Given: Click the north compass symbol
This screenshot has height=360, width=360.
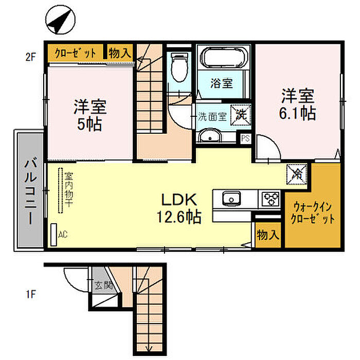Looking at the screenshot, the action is pos(60,20).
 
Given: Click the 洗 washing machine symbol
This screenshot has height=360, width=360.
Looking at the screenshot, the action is pos(241,115).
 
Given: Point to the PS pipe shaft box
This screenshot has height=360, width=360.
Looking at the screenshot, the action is pos(245,139).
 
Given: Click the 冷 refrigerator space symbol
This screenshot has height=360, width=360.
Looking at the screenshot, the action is pos(297,174).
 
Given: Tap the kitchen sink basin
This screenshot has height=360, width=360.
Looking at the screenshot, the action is pos(231,199).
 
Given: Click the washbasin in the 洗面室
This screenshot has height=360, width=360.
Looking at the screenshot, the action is pos(210,135).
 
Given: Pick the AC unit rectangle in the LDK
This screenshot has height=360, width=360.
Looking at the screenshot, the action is pos(53,235).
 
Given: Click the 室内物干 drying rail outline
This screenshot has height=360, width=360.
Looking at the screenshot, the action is pos(60,191).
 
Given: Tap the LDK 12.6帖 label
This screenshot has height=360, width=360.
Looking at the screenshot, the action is pos(179,208).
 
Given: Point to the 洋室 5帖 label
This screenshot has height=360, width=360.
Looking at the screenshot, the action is pos(90,115).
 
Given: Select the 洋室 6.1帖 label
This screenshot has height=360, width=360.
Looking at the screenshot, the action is pos(298,104).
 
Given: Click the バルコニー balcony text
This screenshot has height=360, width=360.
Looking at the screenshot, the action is pos(31,192).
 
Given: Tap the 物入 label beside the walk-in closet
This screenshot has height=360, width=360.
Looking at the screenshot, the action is pos(268,235).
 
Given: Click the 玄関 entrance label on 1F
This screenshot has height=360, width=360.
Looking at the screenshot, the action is pos(104,285).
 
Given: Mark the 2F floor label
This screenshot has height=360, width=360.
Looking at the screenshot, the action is pos(31,57).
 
